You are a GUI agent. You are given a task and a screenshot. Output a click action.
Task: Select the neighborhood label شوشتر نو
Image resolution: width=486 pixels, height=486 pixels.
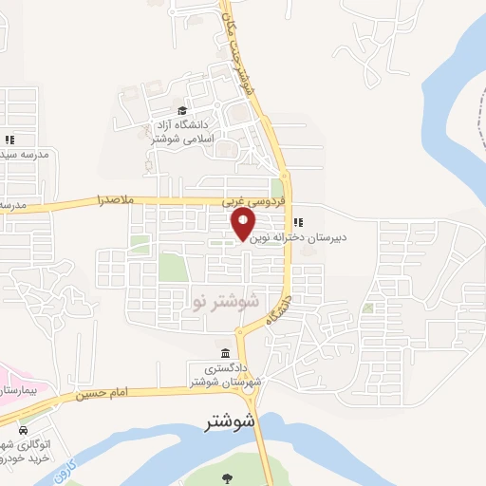[226, 301]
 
